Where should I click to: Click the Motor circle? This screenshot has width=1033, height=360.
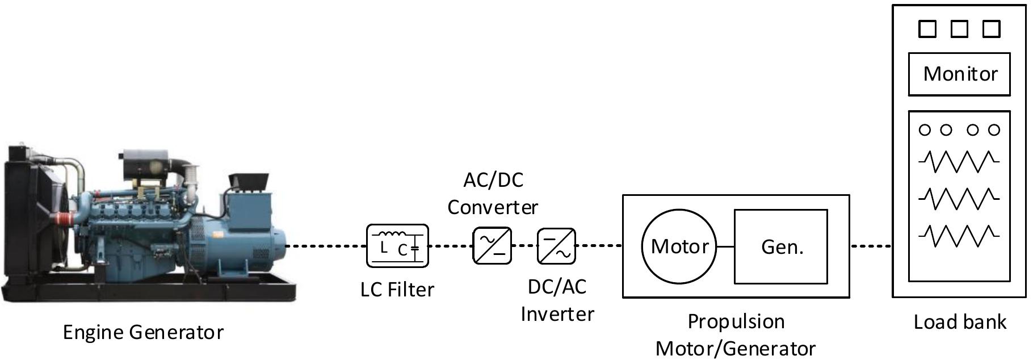679,246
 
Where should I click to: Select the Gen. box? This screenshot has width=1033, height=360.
781,246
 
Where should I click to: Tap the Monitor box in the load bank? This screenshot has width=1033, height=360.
959,74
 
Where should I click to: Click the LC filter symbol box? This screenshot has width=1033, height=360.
397,245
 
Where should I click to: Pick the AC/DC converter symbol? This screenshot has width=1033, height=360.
492,245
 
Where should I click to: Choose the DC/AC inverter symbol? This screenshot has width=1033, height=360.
556,245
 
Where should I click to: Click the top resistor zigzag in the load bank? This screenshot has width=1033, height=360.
959,161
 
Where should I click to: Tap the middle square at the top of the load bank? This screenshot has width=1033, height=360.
959,29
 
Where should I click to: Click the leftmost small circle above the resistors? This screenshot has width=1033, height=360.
925,130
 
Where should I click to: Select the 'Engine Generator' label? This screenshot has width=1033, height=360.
143,332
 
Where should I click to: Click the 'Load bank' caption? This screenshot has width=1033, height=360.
959,322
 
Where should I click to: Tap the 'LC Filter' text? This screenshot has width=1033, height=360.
397,290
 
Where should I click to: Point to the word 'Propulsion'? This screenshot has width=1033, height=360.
736,322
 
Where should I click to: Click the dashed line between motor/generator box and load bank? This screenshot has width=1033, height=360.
871,246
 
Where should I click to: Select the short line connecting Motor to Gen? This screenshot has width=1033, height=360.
725,246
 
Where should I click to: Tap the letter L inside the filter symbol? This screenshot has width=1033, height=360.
384,248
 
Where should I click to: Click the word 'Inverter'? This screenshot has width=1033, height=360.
557,314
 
